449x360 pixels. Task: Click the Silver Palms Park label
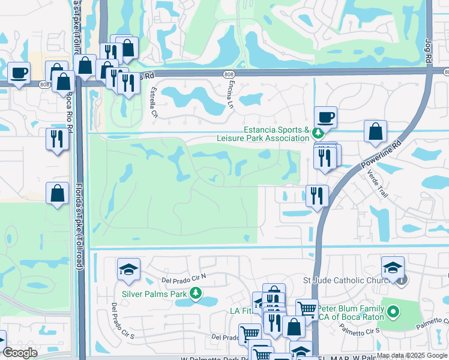pyautogui.click(x=155, y=294)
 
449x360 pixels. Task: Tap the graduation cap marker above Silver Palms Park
pyautogui.click(x=128, y=270)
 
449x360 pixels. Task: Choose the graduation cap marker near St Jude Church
pyautogui.click(x=393, y=267)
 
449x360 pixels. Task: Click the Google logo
pyautogui.click(x=20, y=353)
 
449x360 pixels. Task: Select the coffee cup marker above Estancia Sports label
pyautogui.click(x=326, y=117)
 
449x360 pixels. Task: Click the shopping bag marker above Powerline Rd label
pyautogui.click(x=375, y=131)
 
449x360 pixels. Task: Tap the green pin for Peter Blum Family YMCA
pyautogui.click(x=393, y=311)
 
